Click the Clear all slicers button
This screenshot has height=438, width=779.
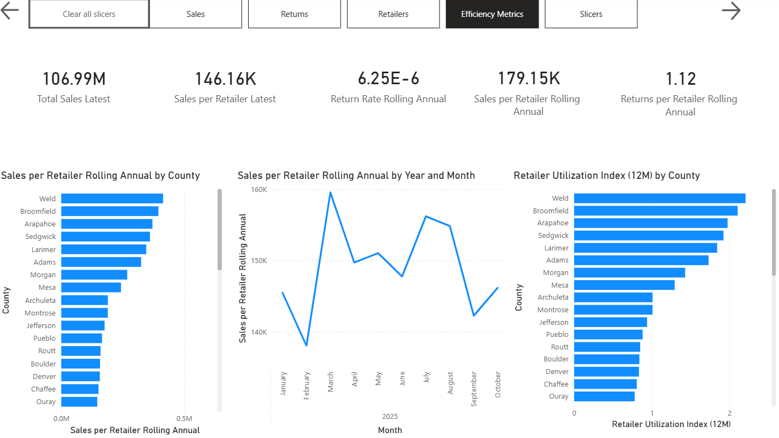89,14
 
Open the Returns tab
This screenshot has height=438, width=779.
294,14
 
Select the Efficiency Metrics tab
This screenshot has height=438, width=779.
492,14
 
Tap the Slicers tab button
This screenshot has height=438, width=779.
591,14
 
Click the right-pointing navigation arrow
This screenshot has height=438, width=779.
731,10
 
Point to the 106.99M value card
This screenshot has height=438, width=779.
74,79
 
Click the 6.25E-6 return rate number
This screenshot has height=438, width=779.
388,79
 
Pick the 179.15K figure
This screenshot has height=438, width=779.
528,79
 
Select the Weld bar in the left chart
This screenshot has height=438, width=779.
112,198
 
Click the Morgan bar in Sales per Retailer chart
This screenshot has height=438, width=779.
94,275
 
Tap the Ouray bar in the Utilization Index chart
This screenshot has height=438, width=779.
604,396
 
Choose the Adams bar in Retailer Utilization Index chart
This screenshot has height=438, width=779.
641,260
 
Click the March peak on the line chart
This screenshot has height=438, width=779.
331,192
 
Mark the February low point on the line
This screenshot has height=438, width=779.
307,345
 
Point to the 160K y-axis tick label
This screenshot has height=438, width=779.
259,190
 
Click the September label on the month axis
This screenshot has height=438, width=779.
474,389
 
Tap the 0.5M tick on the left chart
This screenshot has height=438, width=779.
184,419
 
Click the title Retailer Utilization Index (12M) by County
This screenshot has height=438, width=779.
606,176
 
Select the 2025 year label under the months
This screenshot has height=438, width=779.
390,417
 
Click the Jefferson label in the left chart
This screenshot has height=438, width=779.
41,325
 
